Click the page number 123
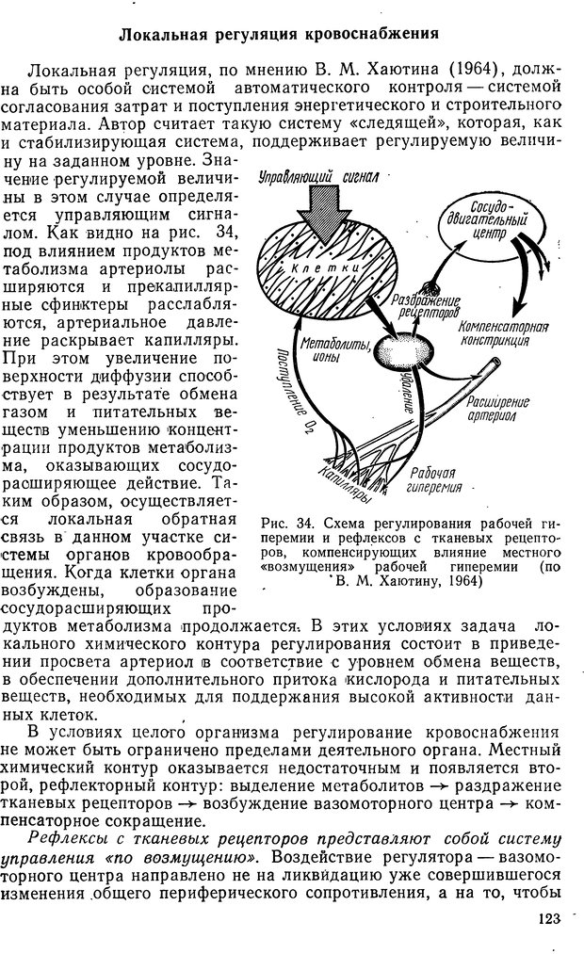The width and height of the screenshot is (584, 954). click(x=543, y=921)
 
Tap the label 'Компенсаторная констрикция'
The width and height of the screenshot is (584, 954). click(x=502, y=331)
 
